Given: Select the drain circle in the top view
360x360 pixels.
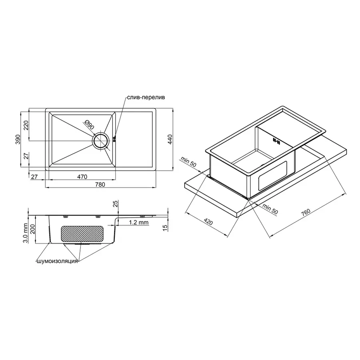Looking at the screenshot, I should (x=100, y=141).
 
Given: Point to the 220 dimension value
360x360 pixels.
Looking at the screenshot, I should (x=26, y=125).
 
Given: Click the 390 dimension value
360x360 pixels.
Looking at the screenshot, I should (x=18, y=139).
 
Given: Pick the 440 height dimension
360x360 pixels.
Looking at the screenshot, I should (x=170, y=139).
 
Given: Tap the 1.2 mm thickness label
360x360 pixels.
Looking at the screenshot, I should (x=139, y=222).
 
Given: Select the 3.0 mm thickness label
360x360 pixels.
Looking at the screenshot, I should (x=25, y=233).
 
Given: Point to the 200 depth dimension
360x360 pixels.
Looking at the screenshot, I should (x=33, y=229).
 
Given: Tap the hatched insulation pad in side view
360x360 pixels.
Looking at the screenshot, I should (x=82, y=234).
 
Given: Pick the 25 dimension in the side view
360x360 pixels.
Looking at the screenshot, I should (x=116, y=204).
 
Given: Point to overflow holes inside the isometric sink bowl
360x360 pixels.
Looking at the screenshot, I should (x=276, y=140).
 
